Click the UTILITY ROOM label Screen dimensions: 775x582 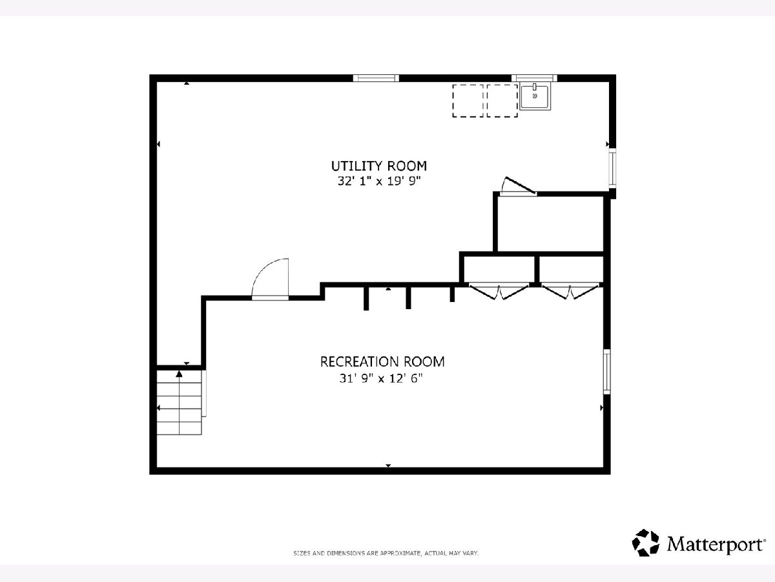(x=379, y=166)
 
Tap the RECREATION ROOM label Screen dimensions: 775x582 (x=382, y=361)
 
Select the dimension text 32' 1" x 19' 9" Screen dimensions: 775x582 (x=379, y=181)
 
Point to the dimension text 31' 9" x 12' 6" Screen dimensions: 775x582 (x=381, y=378)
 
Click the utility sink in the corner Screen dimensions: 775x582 (x=535, y=96)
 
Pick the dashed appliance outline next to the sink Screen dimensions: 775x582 (x=502, y=101)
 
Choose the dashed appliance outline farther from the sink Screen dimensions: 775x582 (x=468, y=101)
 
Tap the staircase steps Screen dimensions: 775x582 (x=180, y=402)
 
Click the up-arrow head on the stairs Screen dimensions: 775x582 (x=179, y=374)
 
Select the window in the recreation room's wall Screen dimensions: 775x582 (x=606, y=371)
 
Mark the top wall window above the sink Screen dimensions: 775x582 (x=534, y=78)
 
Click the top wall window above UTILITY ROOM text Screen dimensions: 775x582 (x=376, y=78)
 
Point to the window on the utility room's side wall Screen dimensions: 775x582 (x=613, y=169)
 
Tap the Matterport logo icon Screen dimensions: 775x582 (x=645, y=543)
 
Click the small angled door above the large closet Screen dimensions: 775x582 (x=518, y=186)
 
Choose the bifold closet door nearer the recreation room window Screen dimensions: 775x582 (x=570, y=291)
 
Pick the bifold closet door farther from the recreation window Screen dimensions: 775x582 (x=499, y=291)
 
